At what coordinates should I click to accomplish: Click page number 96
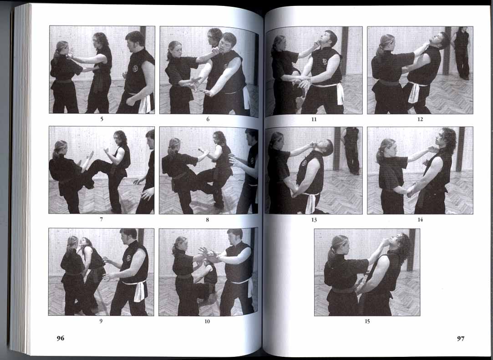point(61,338)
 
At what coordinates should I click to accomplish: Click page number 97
point(461,339)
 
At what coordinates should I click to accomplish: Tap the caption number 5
point(102,119)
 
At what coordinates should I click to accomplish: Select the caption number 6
point(208,119)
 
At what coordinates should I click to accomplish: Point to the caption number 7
point(101,219)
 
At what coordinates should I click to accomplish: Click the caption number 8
point(207,220)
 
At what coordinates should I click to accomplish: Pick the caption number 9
point(101,321)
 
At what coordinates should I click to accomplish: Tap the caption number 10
point(207,321)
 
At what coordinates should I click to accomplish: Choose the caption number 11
point(314,120)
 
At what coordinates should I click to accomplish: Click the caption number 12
point(420,119)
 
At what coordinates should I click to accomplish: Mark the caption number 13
point(314,220)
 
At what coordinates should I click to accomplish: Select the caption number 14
point(420,219)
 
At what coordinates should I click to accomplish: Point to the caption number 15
point(367,321)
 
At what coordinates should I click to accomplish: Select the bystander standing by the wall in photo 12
point(461,53)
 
